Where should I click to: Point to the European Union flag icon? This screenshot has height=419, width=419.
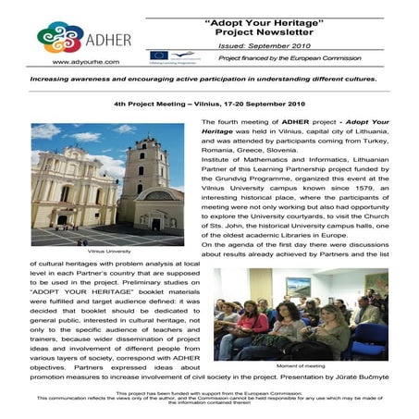[158, 56]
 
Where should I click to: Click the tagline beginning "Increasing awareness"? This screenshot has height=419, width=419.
[209, 80]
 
